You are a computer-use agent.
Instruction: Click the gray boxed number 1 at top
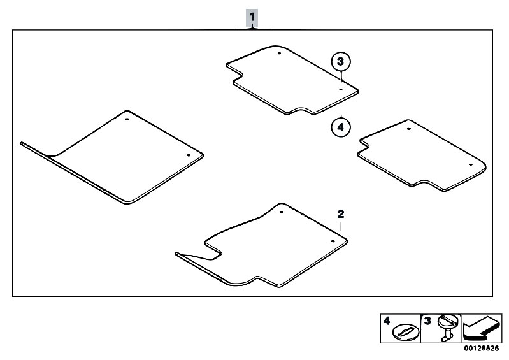click(x=252, y=17)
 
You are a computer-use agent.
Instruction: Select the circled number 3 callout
click(x=341, y=61)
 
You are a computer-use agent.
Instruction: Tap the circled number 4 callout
click(x=341, y=127)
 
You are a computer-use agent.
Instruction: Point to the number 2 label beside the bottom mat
click(x=341, y=214)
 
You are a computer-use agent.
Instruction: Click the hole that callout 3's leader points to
click(x=341, y=89)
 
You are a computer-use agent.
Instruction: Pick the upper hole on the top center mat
click(x=279, y=53)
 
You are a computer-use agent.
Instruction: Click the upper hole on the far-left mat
click(x=127, y=119)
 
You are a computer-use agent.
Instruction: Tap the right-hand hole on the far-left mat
click(x=189, y=155)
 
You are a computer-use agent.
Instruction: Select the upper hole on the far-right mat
click(x=409, y=129)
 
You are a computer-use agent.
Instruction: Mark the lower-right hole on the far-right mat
click(x=470, y=164)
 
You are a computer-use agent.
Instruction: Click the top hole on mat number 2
click(x=282, y=212)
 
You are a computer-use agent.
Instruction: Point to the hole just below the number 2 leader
click(x=333, y=241)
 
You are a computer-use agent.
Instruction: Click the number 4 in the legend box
click(x=386, y=321)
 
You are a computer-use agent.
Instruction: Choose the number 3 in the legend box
click(x=427, y=321)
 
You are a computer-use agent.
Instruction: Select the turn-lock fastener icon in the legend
click(x=448, y=328)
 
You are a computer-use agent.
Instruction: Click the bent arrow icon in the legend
click(x=481, y=328)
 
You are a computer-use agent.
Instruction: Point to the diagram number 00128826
click(x=481, y=349)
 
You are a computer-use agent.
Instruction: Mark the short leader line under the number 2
click(x=341, y=227)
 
